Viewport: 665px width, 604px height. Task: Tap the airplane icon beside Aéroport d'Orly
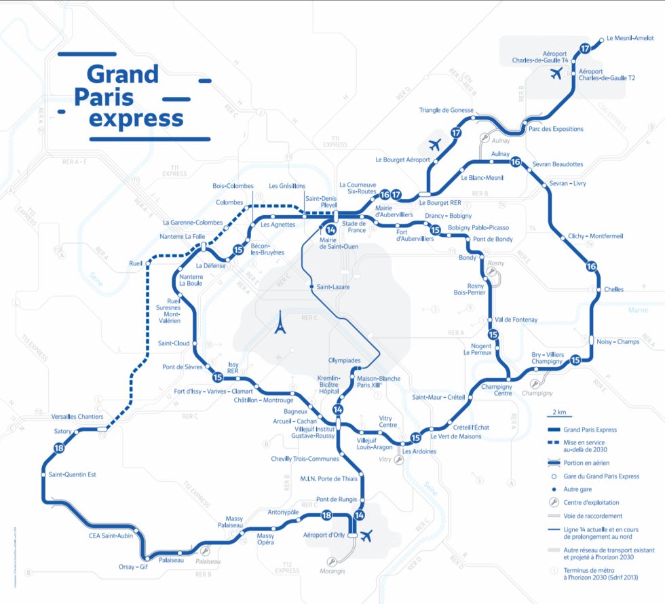tap(368, 536)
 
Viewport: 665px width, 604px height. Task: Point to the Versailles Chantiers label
tap(77, 416)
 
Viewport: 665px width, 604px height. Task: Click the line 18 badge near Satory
tap(59, 448)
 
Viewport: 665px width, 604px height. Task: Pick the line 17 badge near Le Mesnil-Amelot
tap(585, 48)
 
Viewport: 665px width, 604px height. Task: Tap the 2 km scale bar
tap(560, 415)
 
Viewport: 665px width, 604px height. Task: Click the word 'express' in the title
tap(136, 118)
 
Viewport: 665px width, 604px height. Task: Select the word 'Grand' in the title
tap(122, 73)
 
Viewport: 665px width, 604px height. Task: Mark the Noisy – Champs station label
tap(617, 342)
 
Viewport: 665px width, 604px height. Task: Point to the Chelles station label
tap(613, 289)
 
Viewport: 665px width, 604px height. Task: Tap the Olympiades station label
tap(344, 360)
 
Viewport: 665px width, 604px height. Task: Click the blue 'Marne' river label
tap(638, 310)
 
